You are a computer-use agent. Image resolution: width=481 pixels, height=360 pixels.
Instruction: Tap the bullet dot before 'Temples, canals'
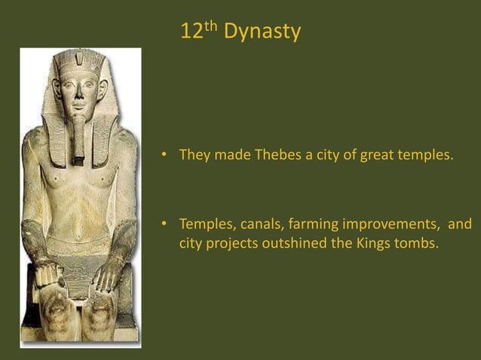point(161,224)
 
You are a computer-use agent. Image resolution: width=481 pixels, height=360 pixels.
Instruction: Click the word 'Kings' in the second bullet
point(375,243)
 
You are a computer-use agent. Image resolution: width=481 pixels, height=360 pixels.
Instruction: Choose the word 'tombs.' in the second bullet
point(417,243)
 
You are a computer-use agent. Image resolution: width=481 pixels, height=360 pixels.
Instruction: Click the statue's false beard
point(78,139)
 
